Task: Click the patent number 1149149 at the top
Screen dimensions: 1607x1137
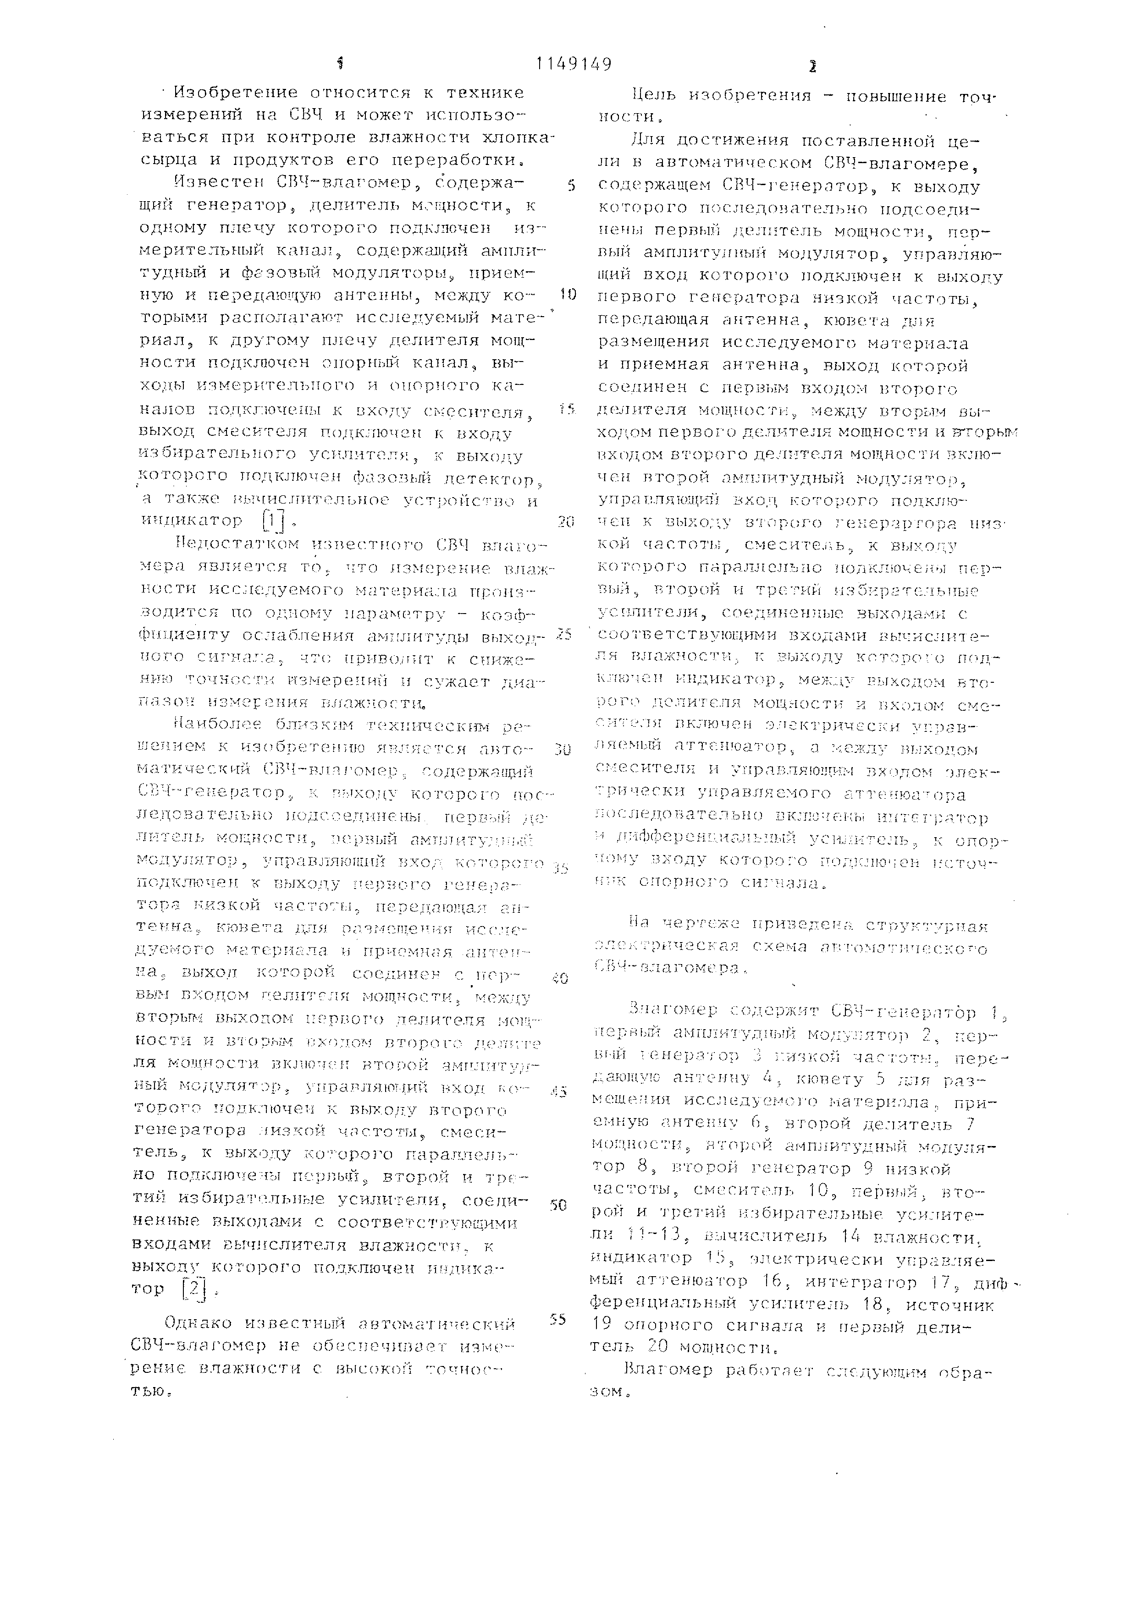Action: pyautogui.click(x=574, y=65)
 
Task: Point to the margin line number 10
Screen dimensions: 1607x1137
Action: pyautogui.click(x=568, y=295)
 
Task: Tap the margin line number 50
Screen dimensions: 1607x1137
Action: pyautogui.click(x=558, y=1207)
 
